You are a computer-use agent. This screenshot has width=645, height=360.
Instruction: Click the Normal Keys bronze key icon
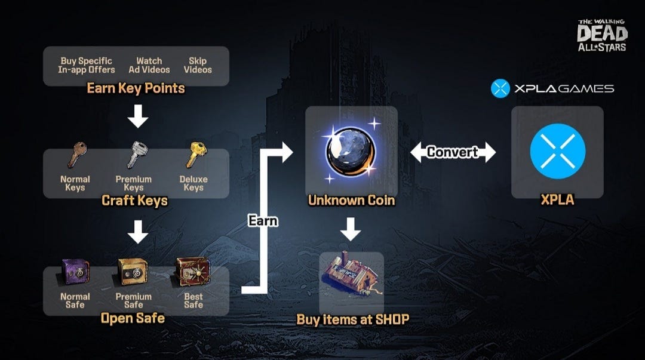77,155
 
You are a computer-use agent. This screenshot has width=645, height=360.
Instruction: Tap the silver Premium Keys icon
137,155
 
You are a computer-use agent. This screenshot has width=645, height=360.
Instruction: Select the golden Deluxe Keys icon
196,155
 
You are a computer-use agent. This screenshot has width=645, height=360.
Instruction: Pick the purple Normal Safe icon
75,271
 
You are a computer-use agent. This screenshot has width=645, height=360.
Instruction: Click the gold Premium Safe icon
133,271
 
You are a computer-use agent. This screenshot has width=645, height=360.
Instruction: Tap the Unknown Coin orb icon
351,150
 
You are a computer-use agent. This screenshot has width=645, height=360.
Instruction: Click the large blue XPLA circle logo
557,152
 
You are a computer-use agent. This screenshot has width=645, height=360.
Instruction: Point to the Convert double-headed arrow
453,152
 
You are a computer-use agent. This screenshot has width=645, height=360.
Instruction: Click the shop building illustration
351,273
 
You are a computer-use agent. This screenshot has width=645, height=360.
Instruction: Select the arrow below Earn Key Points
138,116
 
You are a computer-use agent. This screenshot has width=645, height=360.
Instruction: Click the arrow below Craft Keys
138,232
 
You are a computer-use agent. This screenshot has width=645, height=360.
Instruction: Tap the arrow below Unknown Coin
351,229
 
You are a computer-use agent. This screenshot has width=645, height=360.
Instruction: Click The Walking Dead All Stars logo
602,35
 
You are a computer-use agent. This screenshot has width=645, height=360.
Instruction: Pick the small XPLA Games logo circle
500,88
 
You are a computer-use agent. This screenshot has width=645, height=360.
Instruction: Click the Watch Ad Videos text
149,66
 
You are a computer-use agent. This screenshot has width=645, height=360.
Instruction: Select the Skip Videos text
198,66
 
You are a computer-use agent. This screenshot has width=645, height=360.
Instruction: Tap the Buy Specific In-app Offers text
87,66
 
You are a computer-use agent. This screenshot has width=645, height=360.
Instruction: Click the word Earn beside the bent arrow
263,221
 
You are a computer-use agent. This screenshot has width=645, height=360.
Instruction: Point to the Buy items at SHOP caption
353,319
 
